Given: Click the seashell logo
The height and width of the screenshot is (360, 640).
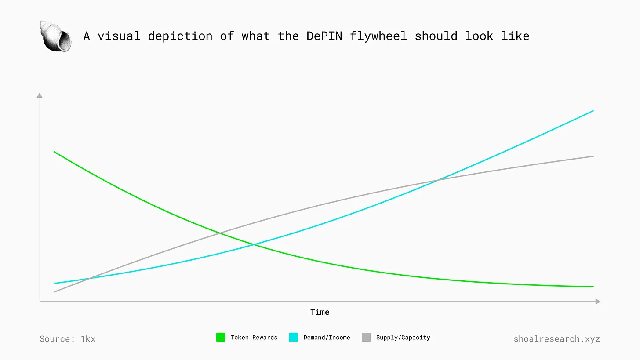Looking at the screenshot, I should pyautogui.click(x=56, y=36).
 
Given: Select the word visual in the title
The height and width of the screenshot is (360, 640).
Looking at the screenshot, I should pyautogui.click(x=119, y=36).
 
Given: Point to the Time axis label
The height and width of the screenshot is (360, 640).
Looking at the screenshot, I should pyautogui.click(x=320, y=312).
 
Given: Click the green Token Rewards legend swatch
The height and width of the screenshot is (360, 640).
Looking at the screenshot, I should pyautogui.click(x=221, y=338).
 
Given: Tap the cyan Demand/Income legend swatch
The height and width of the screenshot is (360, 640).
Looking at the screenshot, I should pyautogui.click(x=294, y=338).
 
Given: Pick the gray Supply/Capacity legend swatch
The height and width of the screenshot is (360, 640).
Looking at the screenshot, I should pyautogui.click(x=366, y=338).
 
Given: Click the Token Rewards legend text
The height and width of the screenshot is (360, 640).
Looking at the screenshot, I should pyautogui.click(x=254, y=338).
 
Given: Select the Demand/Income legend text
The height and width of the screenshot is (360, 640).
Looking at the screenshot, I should pyautogui.click(x=327, y=338).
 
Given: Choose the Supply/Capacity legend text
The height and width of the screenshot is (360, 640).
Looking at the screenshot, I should pyautogui.click(x=403, y=338).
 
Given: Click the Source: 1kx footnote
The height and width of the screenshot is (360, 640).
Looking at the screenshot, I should pyautogui.click(x=67, y=339).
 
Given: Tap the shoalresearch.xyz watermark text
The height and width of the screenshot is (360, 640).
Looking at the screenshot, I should pyautogui.click(x=556, y=339).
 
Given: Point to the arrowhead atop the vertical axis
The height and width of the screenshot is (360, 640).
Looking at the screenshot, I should pyautogui.click(x=40, y=95).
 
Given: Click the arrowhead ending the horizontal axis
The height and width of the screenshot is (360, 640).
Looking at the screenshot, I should pyautogui.click(x=598, y=302).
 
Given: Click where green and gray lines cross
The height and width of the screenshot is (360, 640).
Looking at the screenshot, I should pyautogui.click(x=219, y=233).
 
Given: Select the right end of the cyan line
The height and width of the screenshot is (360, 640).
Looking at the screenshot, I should pyautogui.click(x=593, y=111).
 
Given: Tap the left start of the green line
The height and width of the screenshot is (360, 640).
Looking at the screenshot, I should pyautogui.click(x=54, y=152).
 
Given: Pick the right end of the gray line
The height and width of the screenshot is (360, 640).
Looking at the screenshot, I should pyautogui.click(x=593, y=156).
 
